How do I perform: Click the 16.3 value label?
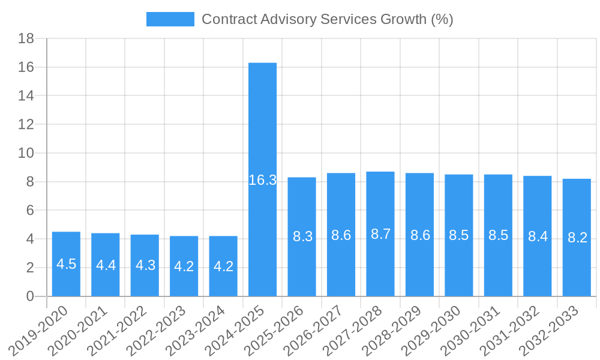262,180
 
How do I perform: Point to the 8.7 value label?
380,235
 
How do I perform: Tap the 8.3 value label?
302,236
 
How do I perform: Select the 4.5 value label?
66,264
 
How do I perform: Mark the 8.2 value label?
577,238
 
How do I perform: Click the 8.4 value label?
538,236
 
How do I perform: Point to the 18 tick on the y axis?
26,39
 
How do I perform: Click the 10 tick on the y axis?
26,154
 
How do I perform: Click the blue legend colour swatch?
170,19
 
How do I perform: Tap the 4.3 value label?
145,265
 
